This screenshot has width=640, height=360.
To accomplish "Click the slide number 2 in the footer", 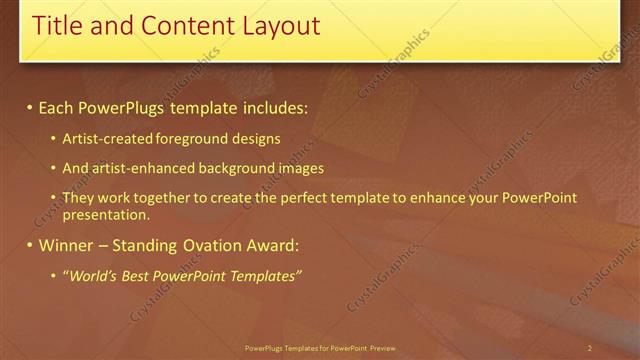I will (590, 348).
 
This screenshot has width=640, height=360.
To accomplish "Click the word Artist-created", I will (103, 139).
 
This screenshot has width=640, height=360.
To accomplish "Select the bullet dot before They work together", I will (53, 198).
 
